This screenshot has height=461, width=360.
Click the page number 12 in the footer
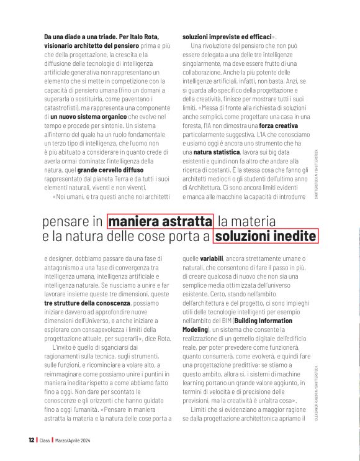(31, 440)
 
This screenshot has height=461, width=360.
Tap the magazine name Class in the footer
(45, 440)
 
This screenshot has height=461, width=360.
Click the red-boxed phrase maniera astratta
(160, 221)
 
